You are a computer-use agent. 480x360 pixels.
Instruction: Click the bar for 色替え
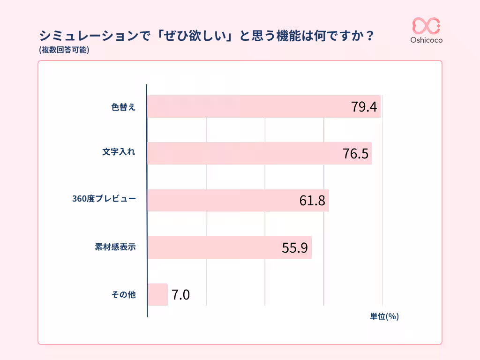pos(248,106)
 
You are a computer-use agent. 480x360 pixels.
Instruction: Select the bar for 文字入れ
pos(244,153)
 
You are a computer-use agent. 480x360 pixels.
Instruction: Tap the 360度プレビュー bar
pos(220,200)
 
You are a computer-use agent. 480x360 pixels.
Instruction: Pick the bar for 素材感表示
pos(211,247)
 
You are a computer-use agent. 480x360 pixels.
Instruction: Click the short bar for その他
pos(157,294)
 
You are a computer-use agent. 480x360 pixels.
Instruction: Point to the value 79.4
pos(364,107)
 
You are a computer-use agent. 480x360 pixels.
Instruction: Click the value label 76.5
pos(355,154)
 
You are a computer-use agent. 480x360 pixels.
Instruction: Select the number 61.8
pos(312,201)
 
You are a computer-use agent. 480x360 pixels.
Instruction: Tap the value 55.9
pos(294,247)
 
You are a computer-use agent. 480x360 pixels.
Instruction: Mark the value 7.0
pos(180,295)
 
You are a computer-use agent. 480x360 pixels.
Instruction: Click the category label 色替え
pos(123,107)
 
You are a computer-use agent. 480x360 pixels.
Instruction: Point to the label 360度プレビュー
pos(104,199)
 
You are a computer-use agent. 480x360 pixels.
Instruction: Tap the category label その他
pos(123,294)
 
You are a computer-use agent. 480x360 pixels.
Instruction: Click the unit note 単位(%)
pos(384,316)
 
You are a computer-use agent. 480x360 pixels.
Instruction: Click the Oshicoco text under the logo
pos(426,40)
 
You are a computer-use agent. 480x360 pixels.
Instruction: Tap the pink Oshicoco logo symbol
pos(426,26)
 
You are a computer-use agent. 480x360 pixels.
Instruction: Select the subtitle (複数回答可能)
pos(64,49)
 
